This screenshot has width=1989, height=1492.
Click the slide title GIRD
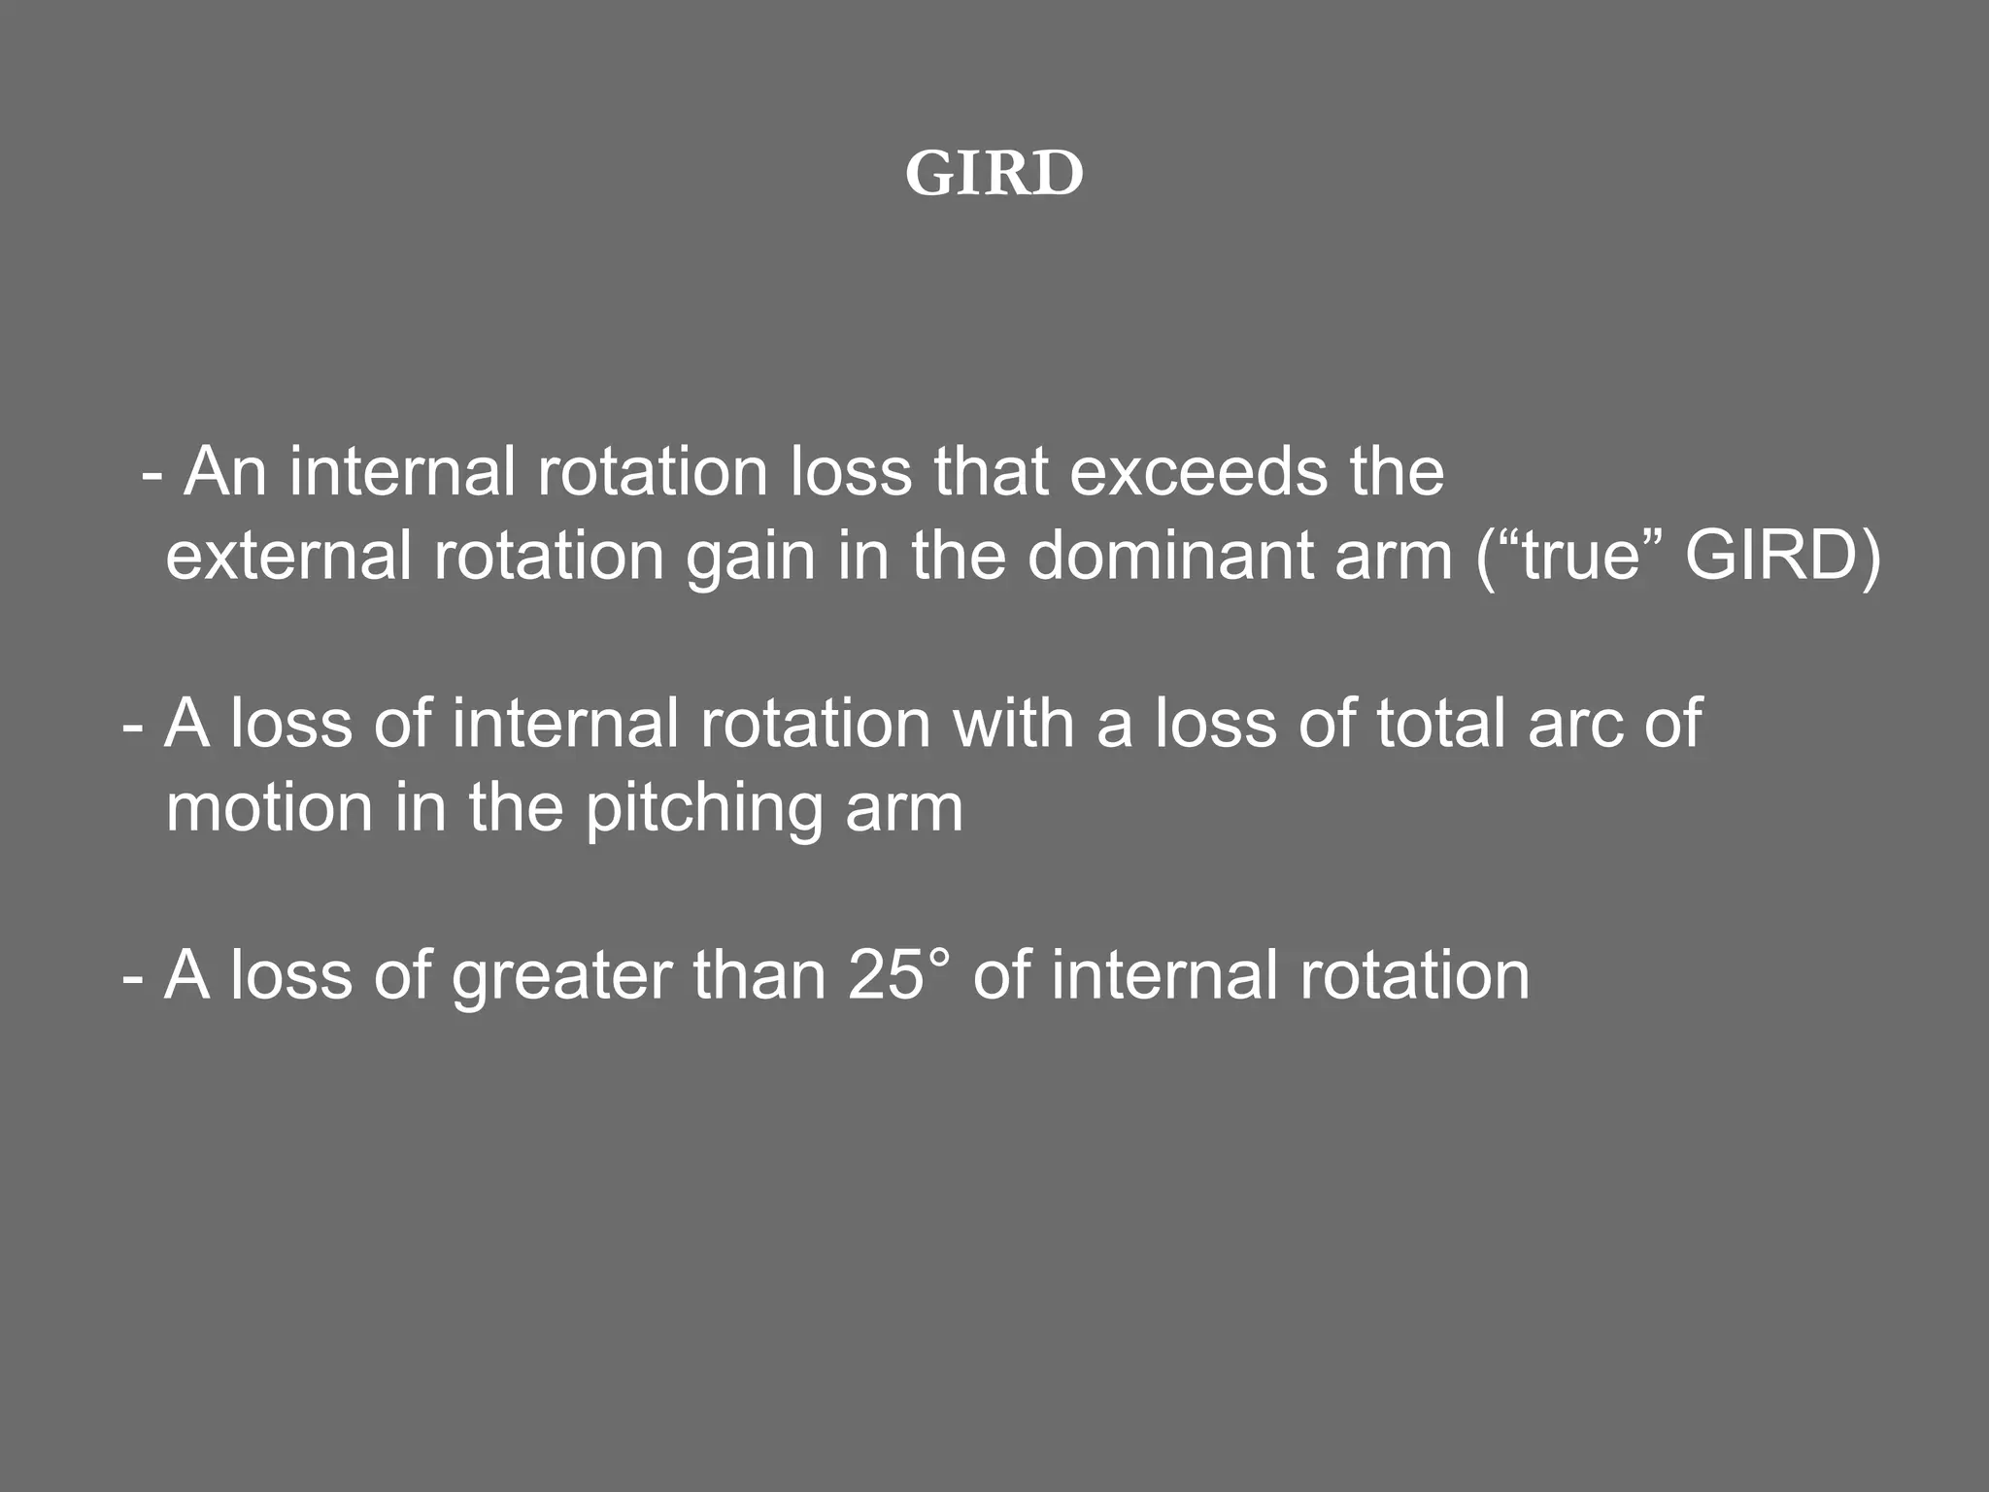click(994, 175)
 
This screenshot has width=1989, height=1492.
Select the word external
click(288, 557)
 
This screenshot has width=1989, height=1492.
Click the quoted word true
click(1579, 557)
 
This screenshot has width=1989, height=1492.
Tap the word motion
click(269, 808)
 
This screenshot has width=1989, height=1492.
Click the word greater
click(560, 976)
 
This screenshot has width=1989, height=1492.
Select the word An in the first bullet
click(225, 472)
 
